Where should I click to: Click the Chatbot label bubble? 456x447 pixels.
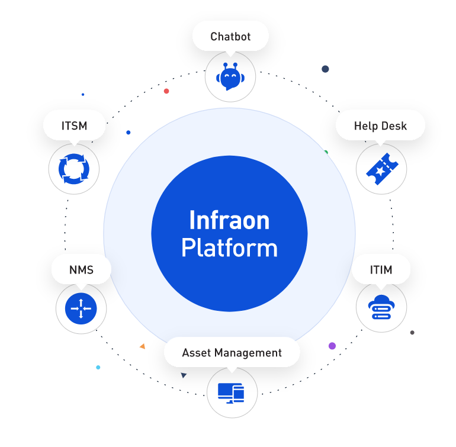click(230, 37)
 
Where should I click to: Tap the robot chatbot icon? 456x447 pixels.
click(230, 77)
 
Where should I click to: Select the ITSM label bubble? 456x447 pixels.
click(74, 126)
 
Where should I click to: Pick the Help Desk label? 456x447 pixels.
click(380, 126)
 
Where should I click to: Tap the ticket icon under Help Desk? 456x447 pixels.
click(381, 169)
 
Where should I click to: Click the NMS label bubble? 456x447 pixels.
click(81, 271)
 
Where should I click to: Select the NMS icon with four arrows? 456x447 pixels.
click(81, 308)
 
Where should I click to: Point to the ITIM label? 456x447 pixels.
click(381, 271)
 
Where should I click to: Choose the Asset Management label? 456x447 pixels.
click(232, 353)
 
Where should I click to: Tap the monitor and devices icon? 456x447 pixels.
click(232, 392)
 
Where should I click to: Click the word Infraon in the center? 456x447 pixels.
click(229, 221)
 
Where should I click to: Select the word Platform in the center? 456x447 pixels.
click(229, 247)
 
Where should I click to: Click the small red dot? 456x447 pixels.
click(166, 91)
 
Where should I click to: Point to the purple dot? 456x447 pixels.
click(332, 346)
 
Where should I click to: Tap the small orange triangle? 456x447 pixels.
click(142, 346)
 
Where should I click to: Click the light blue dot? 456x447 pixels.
click(98, 368)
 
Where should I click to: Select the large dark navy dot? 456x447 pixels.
click(325, 69)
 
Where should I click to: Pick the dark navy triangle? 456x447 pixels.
click(184, 375)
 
